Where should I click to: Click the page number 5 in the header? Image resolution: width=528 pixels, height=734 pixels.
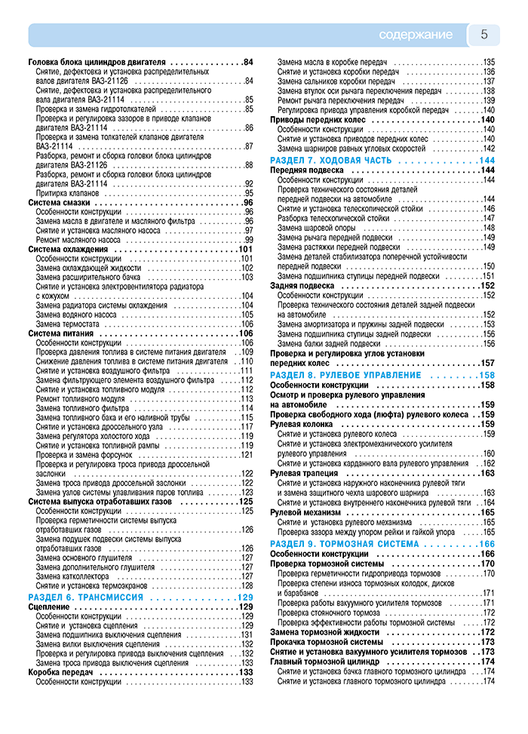click(484, 34)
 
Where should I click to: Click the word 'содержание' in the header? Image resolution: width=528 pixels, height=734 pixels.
click(416, 35)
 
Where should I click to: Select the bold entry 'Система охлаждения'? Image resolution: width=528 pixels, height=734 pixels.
click(68, 249)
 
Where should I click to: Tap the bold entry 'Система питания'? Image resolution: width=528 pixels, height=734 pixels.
click(61, 333)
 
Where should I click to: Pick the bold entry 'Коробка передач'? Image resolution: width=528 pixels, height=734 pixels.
click(60, 672)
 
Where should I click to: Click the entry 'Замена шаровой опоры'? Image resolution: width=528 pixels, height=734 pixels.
click(316, 228)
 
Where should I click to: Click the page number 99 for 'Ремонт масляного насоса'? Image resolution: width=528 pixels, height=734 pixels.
click(248, 240)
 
